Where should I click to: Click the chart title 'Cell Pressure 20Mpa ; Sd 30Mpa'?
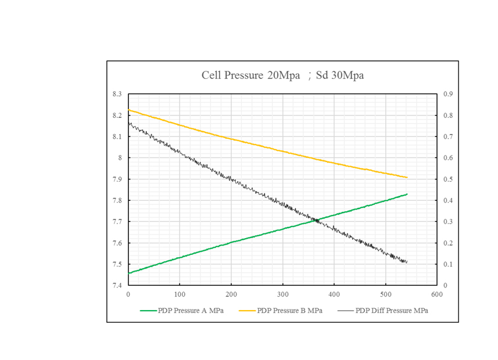(x=282, y=75)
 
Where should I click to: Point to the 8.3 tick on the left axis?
(x=117, y=94)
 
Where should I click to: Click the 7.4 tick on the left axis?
(x=117, y=286)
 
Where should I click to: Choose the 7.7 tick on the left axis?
(x=117, y=222)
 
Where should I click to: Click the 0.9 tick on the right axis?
(x=448, y=94)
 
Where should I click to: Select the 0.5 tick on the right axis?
(x=448, y=179)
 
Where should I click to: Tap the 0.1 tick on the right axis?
(x=448, y=264)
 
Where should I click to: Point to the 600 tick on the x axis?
(x=437, y=294)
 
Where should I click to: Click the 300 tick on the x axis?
(x=283, y=294)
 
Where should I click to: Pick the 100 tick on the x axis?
(x=180, y=294)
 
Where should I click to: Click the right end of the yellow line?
(x=407, y=177)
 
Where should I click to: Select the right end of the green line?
(x=407, y=194)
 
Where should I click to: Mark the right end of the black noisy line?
(x=407, y=262)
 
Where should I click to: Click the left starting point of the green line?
(x=129, y=273)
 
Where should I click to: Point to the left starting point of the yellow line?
(x=129, y=110)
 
